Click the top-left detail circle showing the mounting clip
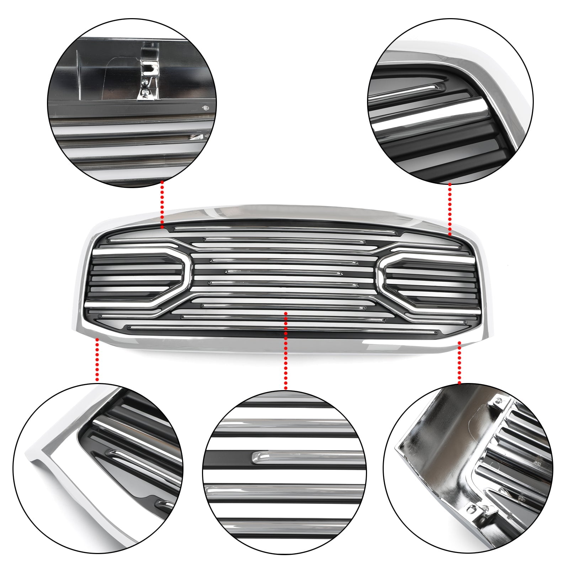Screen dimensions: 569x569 (133, 103)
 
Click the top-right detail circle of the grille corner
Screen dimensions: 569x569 (450, 101)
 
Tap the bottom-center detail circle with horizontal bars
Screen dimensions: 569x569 (284, 473)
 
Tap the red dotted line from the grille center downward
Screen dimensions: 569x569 (286, 350)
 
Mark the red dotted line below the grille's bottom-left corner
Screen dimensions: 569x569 (97, 359)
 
